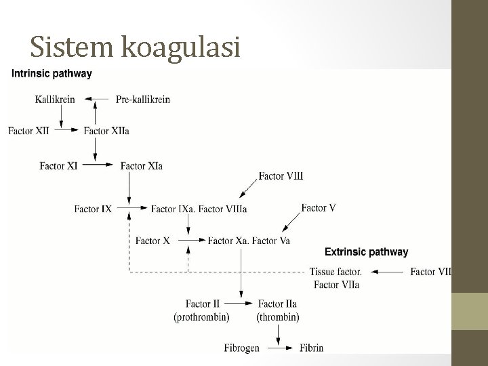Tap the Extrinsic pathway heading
click(x=367, y=252)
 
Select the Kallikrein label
click(x=55, y=100)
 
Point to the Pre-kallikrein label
click(x=143, y=100)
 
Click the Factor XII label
click(x=28, y=131)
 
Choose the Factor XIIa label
click(x=106, y=131)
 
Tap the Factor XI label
click(x=58, y=165)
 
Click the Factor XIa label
click(x=141, y=165)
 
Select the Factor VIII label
click(x=281, y=176)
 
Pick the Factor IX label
click(x=93, y=209)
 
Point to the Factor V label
click(x=319, y=208)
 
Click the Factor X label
click(x=152, y=240)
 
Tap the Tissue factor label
click(x=335, y=272)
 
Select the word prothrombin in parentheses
click(x=201, y=317)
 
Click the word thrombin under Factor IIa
click(x=278, y=317)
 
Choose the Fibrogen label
click(x=242, y=348)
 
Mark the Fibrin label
click(x=312, y=348)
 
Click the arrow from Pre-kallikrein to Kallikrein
click(x=100, y=100)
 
